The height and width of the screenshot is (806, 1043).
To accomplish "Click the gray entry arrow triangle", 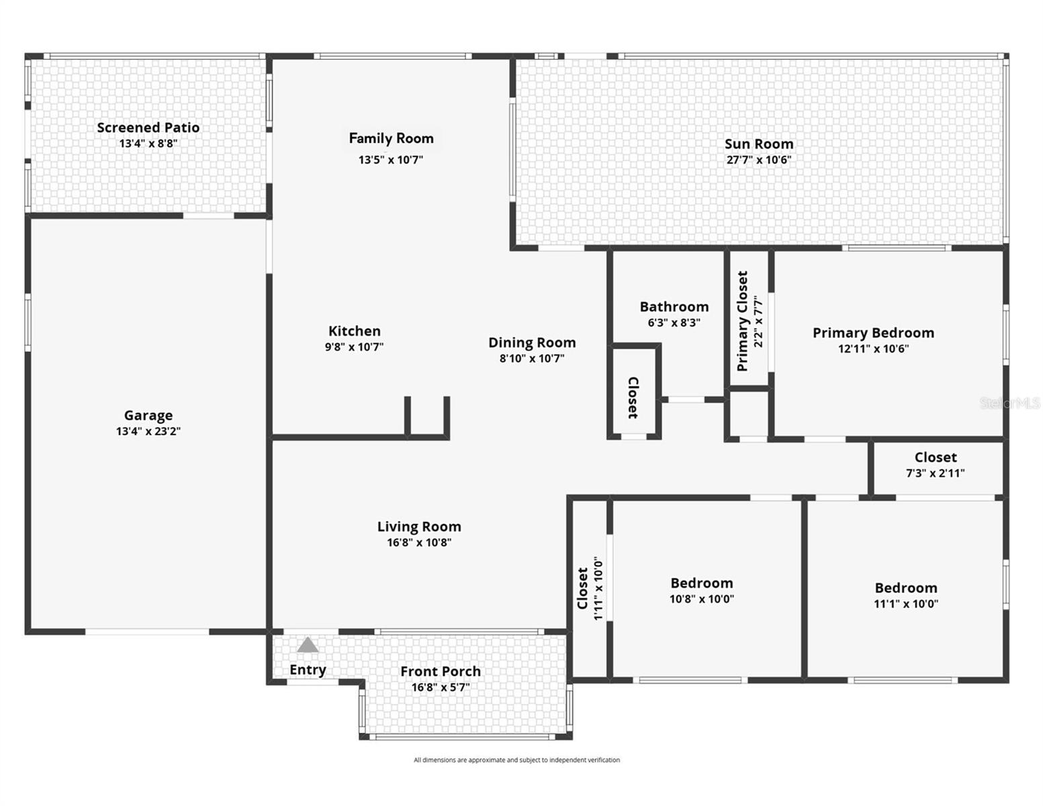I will pyautogui.click(x=308, y=645).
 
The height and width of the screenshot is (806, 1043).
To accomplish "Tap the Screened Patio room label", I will pyautogui.click(x=148, y=128).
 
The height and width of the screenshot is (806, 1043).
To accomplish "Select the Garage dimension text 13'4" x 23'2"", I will pyautogui.click(x=148, y=431).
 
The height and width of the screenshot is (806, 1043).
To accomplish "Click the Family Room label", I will pyautogui.click(x=391, y=138).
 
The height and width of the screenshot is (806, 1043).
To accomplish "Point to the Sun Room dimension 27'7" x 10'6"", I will pyautogui.click(x=759, y=160).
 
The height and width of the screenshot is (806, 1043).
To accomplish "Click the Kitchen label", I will pyautogui.click(x=355, y=331).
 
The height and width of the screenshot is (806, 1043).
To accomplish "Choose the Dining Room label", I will pyautogui.click(x=532, y=343).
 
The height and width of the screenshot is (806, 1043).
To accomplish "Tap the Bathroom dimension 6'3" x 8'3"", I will pyautogui.click(x=674, y=322).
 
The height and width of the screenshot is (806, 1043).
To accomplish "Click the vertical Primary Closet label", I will pyautogui.click(x=742, y=321).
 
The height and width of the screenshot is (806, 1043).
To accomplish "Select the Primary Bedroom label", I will pyautogui.click(x=873, y=333).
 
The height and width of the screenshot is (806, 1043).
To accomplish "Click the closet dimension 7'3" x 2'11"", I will pyautogui.click(x=935, y=473).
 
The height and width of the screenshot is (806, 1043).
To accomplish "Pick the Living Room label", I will pyautogui.click(x=419, y=527).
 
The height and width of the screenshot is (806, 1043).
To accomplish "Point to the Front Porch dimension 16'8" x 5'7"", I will pyautogui.click(x=441, y=687).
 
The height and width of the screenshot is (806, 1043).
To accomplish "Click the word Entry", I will pyautogui.click(x=308, y=670).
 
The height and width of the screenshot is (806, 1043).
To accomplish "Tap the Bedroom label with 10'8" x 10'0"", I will pyautogui.click(x=702, y=583).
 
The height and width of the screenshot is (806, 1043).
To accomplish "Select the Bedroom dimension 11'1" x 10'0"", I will pyautogui.click(x=905, y=604).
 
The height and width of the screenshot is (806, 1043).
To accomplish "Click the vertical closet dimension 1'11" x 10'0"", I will pyautogui.click(x=598, y=588).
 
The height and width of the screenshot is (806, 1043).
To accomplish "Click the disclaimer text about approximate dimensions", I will pyautogui.click(x=516, y=760).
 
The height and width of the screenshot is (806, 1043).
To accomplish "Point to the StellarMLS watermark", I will pyautogui.click(x=1009, y=403).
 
